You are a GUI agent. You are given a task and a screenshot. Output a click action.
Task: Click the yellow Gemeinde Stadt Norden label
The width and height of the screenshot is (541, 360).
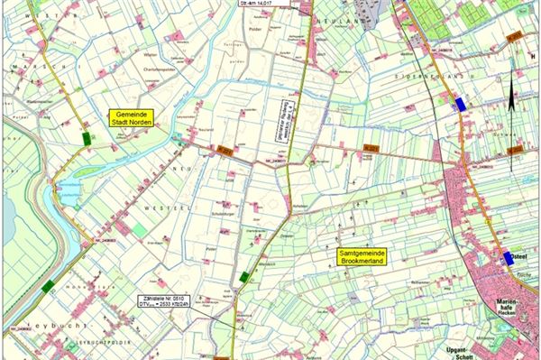[131, 119]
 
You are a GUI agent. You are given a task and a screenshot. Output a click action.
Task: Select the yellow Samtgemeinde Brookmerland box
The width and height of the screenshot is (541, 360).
[362, 257]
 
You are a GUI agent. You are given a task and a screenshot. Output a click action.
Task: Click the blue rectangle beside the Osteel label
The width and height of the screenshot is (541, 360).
[511, 257]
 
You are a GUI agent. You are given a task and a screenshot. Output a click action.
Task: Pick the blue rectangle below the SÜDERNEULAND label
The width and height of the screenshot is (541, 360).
[462, 104]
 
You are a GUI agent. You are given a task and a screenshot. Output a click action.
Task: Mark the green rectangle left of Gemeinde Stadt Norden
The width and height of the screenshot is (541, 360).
[87, 138]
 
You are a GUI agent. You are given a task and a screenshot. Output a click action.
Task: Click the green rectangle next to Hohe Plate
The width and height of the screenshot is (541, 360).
[47, 285]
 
